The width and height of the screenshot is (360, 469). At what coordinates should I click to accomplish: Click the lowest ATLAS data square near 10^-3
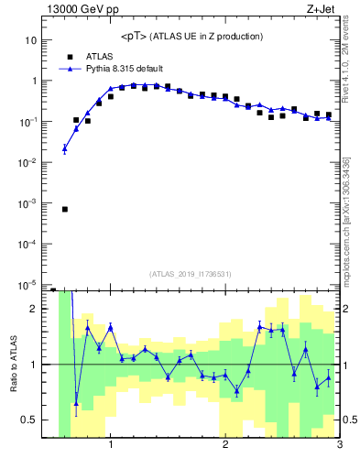click(65, 209)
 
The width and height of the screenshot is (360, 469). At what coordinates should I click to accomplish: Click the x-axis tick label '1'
click(111, 445)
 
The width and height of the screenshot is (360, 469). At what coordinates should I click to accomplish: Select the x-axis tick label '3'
click(339, 445)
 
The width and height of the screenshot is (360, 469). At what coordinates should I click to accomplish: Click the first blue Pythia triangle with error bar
click(65, 148)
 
